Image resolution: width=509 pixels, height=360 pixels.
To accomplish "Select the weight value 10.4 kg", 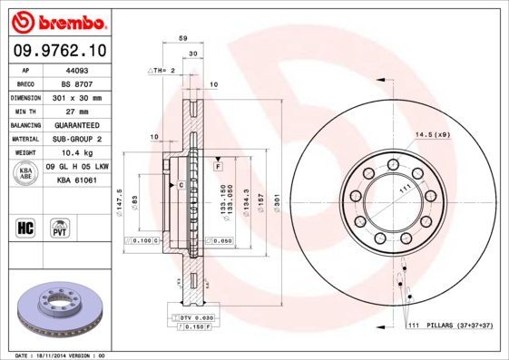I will coord(76,153).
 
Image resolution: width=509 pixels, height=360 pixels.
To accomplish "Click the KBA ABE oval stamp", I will coord(27,174).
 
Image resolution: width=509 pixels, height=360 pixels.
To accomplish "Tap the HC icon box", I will coord(27,226).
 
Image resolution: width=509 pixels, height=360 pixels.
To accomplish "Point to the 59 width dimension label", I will coord(182,39).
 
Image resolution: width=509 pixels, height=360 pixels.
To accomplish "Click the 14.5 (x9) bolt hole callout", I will coord(432,135).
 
